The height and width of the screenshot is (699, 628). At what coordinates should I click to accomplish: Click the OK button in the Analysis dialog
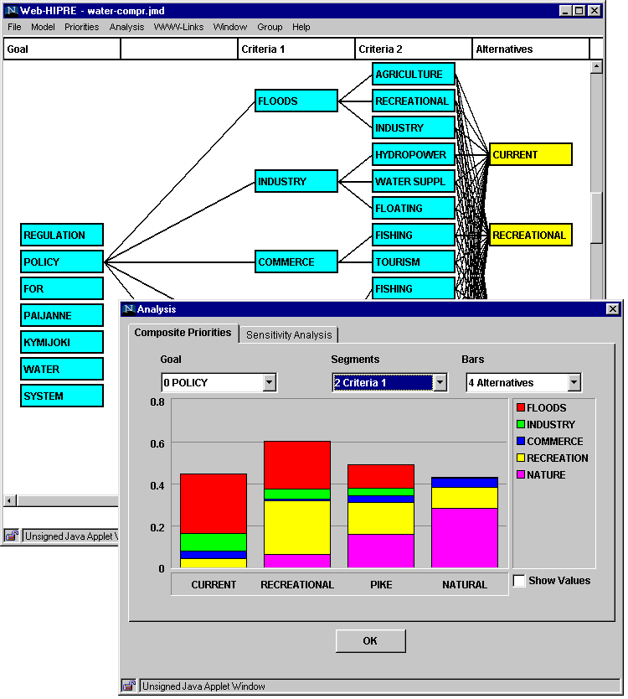pos(370,641)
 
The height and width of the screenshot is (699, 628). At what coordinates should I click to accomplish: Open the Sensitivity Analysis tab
pos(289,334)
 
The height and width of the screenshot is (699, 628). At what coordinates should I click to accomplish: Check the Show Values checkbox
pos(519,581)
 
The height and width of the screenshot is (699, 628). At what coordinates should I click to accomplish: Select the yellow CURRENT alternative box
pos(530,155)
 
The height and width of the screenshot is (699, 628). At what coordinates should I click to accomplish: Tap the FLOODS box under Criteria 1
pos(296,101)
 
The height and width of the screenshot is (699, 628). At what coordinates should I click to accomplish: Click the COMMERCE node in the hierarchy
pos(296,262)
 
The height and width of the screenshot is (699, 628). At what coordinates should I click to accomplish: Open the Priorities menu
pos(81,27)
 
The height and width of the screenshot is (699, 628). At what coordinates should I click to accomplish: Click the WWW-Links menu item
pos(179,27)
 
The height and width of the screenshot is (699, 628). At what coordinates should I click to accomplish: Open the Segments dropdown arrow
pos(440,383)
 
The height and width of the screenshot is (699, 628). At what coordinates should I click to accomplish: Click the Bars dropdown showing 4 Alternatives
pos(523,383)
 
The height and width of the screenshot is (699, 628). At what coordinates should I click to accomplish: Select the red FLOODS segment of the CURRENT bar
pos(214,503)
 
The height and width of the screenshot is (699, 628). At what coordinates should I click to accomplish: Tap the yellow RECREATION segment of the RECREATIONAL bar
pos(297,527)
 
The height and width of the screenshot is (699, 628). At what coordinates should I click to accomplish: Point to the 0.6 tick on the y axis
pos(157,443)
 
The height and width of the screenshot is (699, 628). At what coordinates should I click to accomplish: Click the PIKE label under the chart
pos(381,584)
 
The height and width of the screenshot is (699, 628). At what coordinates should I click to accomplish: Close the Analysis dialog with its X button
pos(612,309)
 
